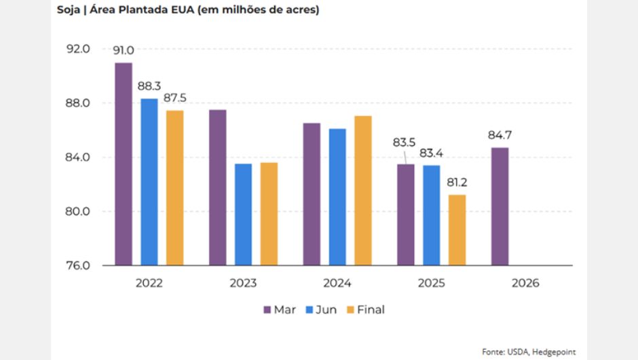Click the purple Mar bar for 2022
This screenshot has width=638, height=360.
click(x=124, y=164)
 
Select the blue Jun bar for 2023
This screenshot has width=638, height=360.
click(x=243, y=214)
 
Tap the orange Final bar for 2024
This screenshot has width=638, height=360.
click(x=363, y=190)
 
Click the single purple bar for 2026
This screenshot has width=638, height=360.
click(x=500, y=206)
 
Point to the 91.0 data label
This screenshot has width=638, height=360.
click(x=124, y=51)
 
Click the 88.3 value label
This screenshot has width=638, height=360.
click(x=149, y=87)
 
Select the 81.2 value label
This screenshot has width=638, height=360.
click(x=457, y=183)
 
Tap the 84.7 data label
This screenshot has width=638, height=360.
click(x=500, y=136)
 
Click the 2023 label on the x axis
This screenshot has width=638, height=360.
click(x=243, y=283)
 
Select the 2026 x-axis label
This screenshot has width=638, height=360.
click(x=525, y=283)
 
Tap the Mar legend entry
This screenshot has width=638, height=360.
click(x=279, y=310)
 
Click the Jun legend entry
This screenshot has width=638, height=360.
click(x=320, y=310)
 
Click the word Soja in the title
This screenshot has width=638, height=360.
click(x=69, y=11)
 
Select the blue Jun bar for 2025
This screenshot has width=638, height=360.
click(x=431, y=215)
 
